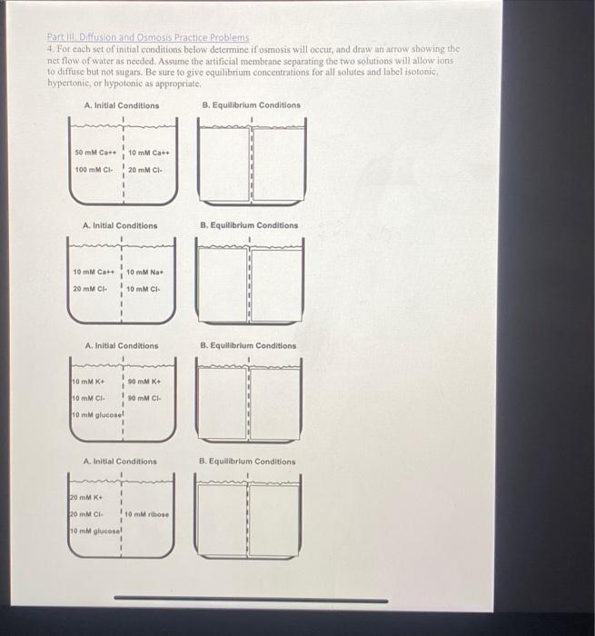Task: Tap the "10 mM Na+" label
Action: pos(144,272)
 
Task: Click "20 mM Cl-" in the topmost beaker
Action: pos(145,170)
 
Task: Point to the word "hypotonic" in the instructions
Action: pos(131,82)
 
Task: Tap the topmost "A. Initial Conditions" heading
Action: pos(121,105)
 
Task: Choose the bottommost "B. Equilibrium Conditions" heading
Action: pos(248,462)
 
